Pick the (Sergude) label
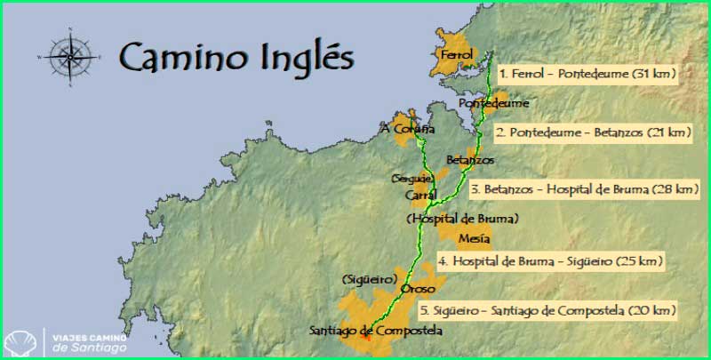pos(412,179)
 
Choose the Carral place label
pos(419,193)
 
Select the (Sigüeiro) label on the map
pos(369,279)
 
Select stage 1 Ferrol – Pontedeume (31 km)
pos(587,73)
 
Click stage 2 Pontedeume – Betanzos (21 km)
pos(593,132)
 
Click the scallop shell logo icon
pos(20,341)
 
